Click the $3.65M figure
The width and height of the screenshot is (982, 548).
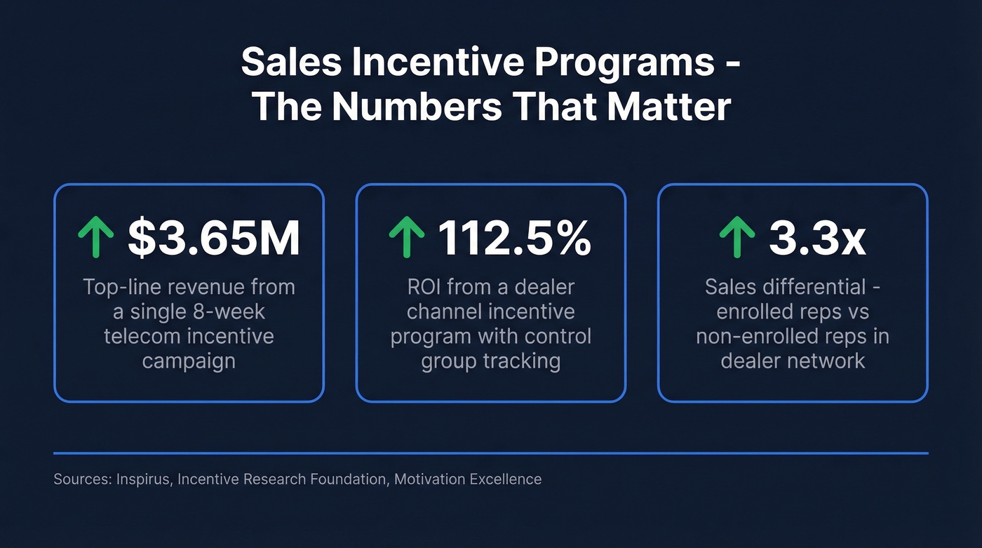(214, 238)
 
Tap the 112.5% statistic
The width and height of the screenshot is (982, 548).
(514, 238)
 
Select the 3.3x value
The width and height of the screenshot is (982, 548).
(817, 238)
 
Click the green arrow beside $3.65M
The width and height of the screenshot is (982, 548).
(95, 238)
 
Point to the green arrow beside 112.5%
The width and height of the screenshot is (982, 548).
(406, 238)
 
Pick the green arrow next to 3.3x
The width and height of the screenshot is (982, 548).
(737, 238)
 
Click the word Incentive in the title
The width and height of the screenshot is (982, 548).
(424, 64)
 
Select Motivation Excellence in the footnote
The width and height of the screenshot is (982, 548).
(468, 479)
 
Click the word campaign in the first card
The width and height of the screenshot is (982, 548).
(189, 361)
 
